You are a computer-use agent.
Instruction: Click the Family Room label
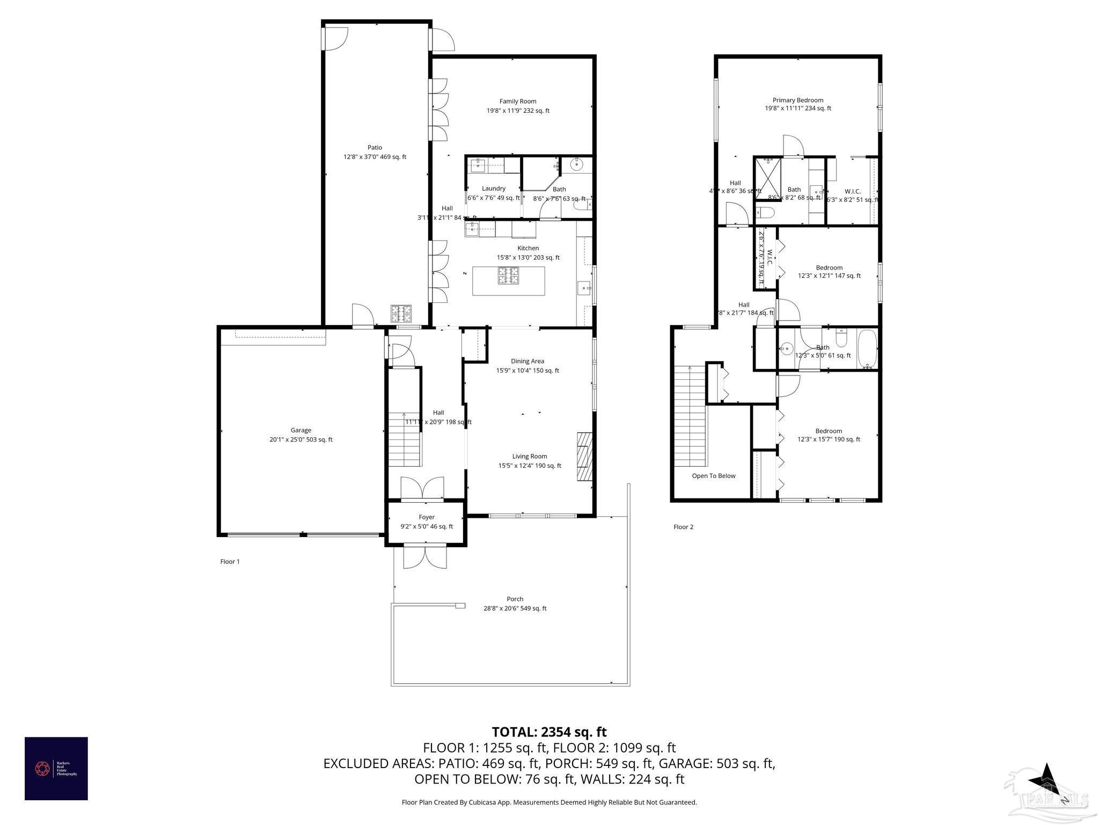point(518,101)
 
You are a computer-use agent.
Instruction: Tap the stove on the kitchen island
point(508,276)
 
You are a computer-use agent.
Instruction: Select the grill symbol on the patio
point(401,313)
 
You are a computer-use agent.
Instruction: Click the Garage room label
point(301,430)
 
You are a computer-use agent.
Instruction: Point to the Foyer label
point(427,517)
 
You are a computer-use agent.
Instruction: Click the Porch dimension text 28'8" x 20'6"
point(515,609)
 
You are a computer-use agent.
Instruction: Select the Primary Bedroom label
point(797,100)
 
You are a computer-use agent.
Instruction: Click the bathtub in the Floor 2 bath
point(867,349)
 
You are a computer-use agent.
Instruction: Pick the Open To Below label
point(713,476)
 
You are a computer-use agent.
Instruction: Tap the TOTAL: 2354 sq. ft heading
point(549,732)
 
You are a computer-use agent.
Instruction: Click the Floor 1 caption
point(230,561)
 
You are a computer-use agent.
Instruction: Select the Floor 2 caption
point(683,527)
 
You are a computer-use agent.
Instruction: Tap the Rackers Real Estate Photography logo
point(56,768)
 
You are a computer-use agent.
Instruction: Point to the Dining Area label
point(527,361)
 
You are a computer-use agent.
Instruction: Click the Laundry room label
point(493,189)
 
